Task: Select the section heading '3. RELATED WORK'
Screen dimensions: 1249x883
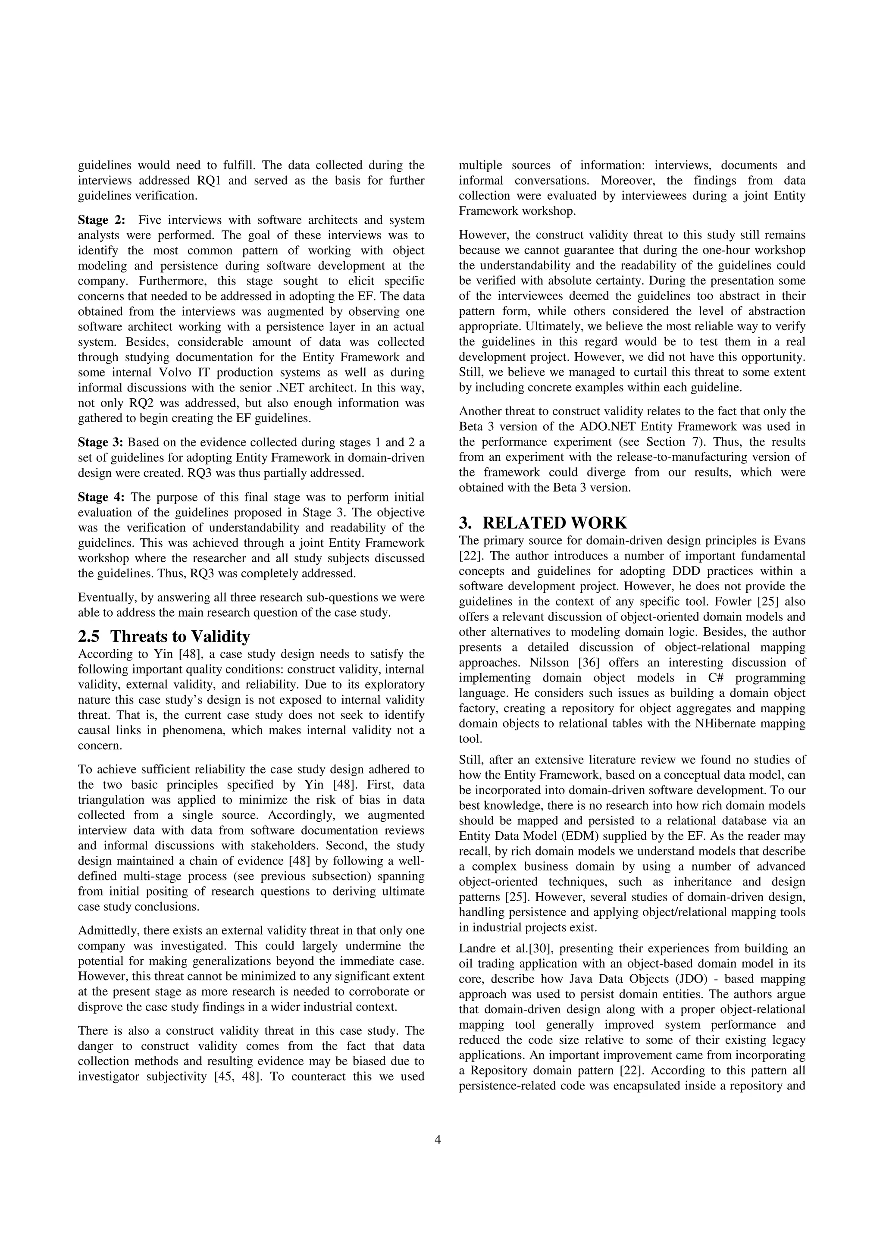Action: point(542,523)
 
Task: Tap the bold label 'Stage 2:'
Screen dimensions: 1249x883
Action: point(102,220)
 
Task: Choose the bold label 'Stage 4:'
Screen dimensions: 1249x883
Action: point(101,497)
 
